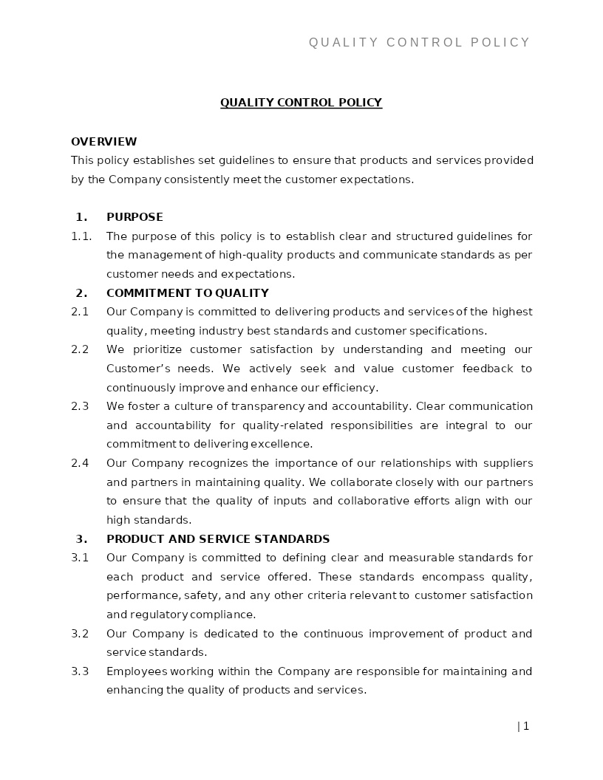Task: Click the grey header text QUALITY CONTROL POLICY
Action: [x=419, y=43]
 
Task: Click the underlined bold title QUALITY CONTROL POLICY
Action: [x=301, y=103]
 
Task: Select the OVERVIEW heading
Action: [x=104, y=142]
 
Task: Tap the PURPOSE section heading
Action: [x=134, y=217]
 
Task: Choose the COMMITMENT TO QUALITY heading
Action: [x=188, y=293]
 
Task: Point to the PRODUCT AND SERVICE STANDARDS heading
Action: [x=218, y=539]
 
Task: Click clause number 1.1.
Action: [x=81, y=236]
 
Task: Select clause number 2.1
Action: [x=80, y=312]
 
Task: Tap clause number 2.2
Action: [x=80, y=349]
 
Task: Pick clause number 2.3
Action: [x=80, y=406]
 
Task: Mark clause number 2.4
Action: [x=80, y=463]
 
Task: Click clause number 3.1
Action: [x=80, y=558]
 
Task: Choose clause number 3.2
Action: [x=80, y=634]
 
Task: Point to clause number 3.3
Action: [x=80, y=671]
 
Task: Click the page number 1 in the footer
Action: [x=526, y=726]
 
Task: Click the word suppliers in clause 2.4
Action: [x=508, y=463]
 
